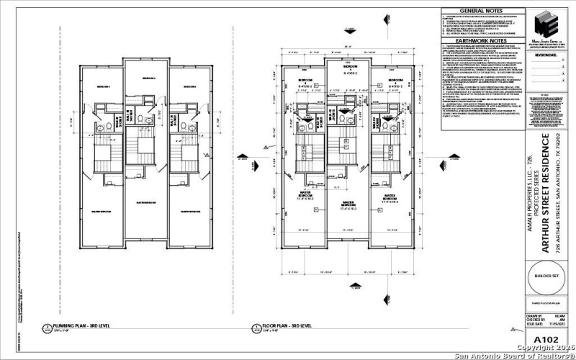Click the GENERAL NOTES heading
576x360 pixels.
point(482,12)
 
